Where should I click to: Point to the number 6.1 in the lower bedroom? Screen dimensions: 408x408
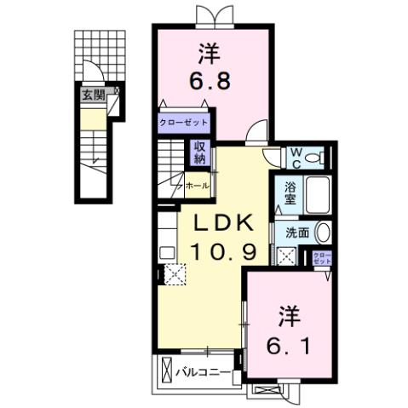(287, 346)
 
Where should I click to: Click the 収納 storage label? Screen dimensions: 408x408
(199, 153)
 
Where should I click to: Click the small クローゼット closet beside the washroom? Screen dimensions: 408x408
(323, 259)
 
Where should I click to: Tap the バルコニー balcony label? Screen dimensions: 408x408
(203, 371)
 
